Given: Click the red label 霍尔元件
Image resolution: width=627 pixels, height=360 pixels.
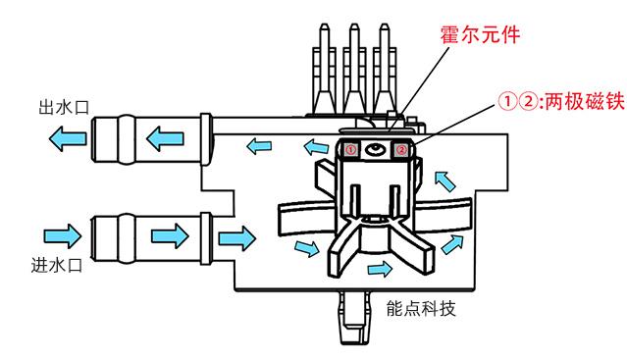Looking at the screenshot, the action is click(x=480, y=34).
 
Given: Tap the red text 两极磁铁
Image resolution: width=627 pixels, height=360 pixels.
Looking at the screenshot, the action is click(x=584, y=101).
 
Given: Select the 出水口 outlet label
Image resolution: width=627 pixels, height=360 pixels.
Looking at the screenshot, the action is click(x=63, y=107).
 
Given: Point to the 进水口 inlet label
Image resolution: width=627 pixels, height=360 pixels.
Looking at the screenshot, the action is click(x=57, y=265).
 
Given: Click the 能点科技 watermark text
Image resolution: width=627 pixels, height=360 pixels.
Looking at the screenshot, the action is click(x=421, y=308).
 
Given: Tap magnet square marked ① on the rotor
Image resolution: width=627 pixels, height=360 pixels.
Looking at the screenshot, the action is click(x=350, y=150).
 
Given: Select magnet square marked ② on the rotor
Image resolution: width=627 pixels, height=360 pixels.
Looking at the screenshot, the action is click(x=401, y=150).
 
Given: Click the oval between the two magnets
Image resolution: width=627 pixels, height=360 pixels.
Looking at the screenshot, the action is click(x=376, y=150).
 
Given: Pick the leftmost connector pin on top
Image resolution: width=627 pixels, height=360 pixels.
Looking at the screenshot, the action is click(x=324, y=70).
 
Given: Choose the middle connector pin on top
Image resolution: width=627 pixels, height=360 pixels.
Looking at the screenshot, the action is click(x=354, y=70).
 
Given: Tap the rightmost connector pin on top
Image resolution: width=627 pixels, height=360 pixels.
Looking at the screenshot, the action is click(x=385, y=70).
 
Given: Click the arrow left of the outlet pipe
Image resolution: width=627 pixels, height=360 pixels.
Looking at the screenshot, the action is click(x=67, y=138).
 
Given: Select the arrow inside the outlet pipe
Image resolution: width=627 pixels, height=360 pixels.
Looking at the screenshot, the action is click(x=165, y=138).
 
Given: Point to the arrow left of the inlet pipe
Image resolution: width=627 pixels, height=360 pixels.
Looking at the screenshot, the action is click(x=63, y=235).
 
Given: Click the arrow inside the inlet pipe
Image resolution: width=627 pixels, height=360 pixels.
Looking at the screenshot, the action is click(x=170, y=235).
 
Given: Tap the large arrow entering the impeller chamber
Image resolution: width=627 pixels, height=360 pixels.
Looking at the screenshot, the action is click(x=237, y=238).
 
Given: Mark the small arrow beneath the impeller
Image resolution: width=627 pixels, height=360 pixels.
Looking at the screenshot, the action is click(x=380, y=269).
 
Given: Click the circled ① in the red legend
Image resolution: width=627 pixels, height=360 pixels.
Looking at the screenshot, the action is click(x=507, y=102).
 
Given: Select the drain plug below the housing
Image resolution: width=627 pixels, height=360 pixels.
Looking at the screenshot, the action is click(x=353, y=318).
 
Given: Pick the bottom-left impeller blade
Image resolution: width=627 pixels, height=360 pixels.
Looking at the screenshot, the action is click(x=342, y=250).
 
